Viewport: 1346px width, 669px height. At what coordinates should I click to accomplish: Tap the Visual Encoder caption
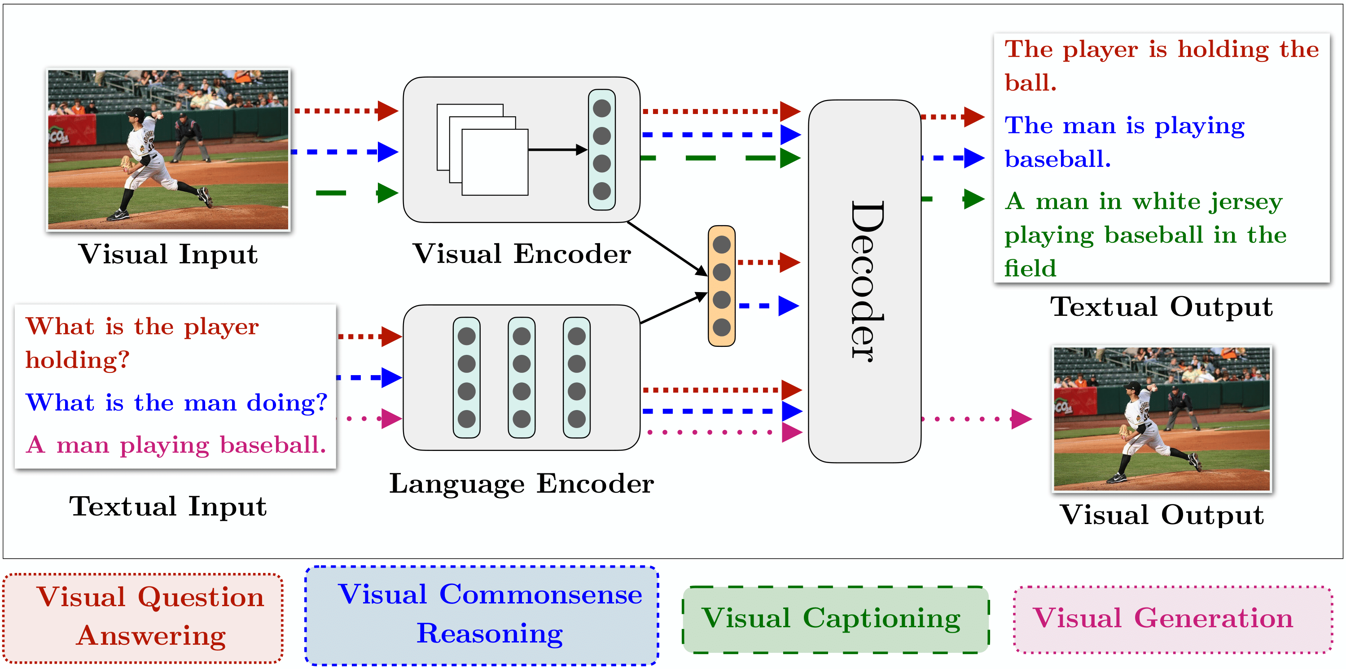pyautogui.click(x=522, y=254)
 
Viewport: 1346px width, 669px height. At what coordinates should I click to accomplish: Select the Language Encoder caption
pyautogui.click(x=522, y=484)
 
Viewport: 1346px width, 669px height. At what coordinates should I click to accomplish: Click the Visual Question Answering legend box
pyautogui.click(x=143, y=617)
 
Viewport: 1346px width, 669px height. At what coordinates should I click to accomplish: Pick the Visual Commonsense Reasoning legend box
pyautogui.click(x=482, y=615)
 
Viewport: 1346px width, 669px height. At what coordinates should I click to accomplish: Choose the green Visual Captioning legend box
pyautogui.click(x=835, y=619)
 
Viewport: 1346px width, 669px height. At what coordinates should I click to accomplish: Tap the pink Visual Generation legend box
pyautogui.click(x=1172, y=619)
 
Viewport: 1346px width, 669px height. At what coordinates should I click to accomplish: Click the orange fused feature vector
pyautogui.click(x=721, y=286)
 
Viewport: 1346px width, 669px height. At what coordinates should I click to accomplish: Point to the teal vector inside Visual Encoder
pyautogui.click(x=601, y=150)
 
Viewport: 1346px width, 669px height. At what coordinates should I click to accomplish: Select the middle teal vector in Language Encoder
pyautogui.click(x=522, y=377)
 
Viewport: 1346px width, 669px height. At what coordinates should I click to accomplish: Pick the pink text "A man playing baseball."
pyautogui.click(x=176, y=445)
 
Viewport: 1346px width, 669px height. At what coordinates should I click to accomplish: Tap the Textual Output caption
pyautogui.click(x=1161, y=306)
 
